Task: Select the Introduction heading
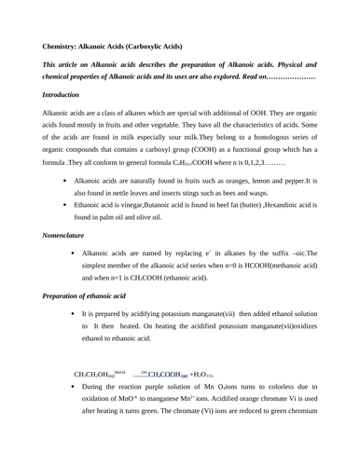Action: pos(66,95)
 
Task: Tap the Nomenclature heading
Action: pos(71,236)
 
